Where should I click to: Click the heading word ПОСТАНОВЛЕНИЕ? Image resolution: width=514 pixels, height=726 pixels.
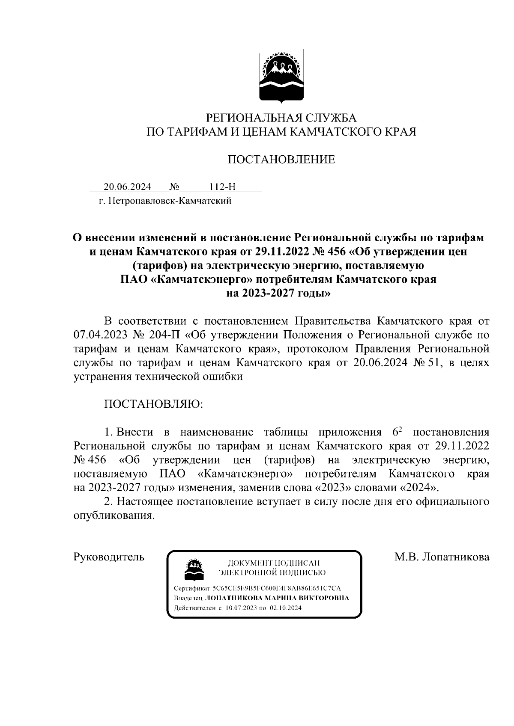tap(281, 160)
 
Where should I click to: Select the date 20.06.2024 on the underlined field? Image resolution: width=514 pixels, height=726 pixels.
tap(127, 187)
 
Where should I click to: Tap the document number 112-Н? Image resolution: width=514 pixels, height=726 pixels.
tap(223, 187)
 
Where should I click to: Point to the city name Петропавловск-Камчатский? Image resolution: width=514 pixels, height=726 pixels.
tap(170, 201)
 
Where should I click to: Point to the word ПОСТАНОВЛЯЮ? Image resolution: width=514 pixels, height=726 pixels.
tap(154, 404)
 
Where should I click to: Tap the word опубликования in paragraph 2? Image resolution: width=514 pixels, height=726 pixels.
tap(114, 516)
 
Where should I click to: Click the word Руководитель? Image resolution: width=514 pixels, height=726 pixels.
tap(109, 557)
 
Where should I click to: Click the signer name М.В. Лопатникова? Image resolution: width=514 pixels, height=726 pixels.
tap(442, 557)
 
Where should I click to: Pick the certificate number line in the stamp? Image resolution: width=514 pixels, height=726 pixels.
tap(257, 589)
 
